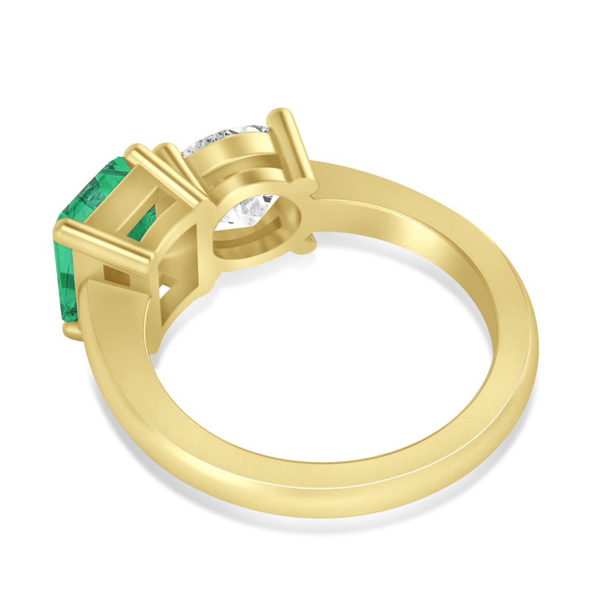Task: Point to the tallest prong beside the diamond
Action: pos(292,144)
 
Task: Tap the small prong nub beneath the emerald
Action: pos(72,332)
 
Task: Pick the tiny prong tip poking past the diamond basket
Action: pos(308,245)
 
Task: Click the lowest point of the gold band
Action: pos(323,507)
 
